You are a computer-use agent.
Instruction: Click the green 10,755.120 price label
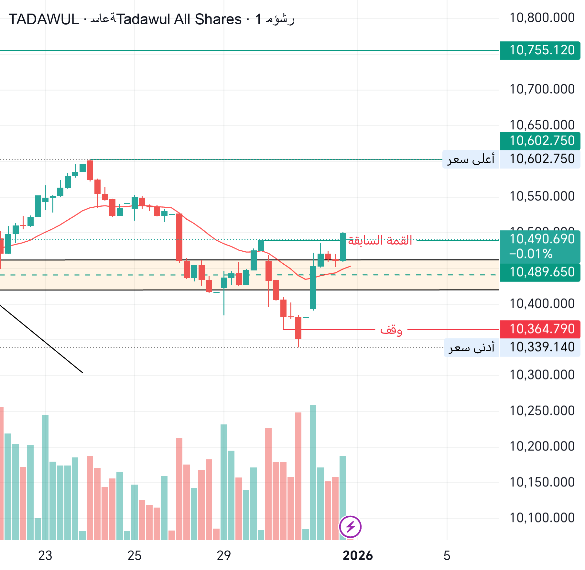click(x=540, y=50)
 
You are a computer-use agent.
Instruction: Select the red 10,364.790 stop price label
click(x=540, y=329)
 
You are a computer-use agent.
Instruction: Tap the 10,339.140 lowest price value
click(x=542, y=347)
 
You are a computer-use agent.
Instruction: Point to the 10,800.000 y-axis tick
click(x=542, y=18)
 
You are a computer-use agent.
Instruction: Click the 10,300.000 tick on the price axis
click(x=542, y=375)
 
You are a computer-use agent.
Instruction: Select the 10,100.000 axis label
click(x=542, y=518)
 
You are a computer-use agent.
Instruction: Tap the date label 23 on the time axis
click(x=45, y=556)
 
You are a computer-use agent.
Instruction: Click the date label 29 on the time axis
click(x=224, y=556)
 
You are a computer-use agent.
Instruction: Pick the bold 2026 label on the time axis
click(x=358, y=556)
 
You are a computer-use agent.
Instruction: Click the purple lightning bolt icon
click(x=350, y=527)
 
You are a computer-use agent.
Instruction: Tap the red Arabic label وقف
click(x=391, y=330)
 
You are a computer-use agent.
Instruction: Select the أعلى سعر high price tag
click(x=471, y=159)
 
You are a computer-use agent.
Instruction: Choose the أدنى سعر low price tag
click(x=471, y=347)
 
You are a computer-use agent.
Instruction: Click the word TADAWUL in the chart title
click(x=44, y=19)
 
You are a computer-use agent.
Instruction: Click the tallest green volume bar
click(x=313, y=472)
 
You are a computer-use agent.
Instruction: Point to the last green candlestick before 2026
click(x=343, y=247)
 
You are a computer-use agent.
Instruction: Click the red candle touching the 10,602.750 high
click(x=90, y=170)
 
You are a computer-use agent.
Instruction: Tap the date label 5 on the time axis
click(x=447, y=556)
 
